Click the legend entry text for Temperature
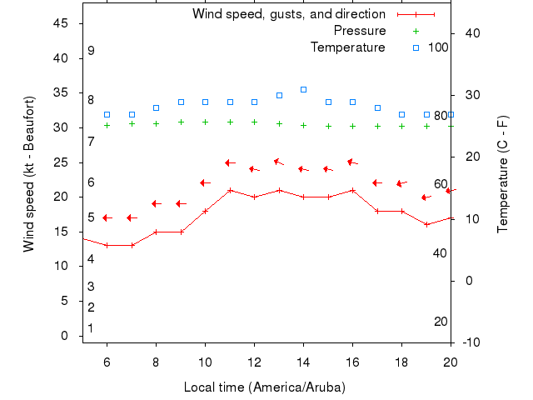347,47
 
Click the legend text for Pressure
359,31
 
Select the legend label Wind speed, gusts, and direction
288,14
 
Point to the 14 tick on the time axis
303,362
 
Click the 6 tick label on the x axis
107,362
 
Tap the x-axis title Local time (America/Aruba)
264,387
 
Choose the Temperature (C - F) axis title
503,175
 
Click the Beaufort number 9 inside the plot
91,51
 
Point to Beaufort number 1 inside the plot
91,328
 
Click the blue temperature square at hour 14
303,89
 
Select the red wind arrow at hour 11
230,162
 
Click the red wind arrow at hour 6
107,217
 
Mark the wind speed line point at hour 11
230,190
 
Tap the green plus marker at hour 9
181,122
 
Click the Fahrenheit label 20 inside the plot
441,322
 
